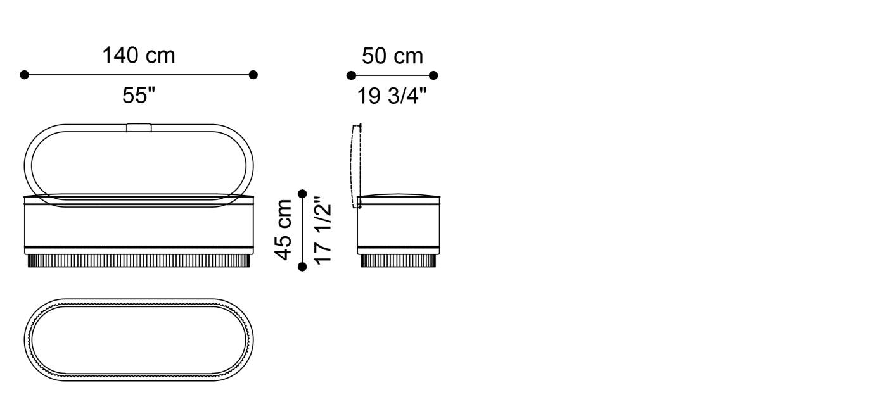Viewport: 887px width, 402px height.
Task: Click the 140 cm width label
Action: coord(138,56)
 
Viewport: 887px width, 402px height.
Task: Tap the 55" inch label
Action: coord(138,96)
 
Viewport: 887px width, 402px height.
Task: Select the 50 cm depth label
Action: coord(392,56)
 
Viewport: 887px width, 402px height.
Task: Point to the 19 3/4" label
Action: coord(392,96)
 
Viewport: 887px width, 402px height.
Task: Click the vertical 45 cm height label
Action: coord(284,229)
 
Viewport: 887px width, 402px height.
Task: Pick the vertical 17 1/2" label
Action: coord(322,229)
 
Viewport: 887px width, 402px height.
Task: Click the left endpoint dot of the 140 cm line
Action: coord(25,75)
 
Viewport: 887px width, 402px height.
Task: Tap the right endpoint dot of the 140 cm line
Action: coord(253,75)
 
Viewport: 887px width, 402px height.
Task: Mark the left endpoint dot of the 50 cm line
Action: coord(351,75)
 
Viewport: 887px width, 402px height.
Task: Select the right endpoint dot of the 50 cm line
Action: coord(433,75)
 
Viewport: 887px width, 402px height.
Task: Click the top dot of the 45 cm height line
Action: coord(302,194)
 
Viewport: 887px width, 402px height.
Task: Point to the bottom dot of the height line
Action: coord(302,267)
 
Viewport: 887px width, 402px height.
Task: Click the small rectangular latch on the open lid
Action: coord(139,128)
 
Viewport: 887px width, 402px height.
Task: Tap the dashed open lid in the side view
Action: coord(355,166)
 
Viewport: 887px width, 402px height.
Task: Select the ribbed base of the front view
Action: coord(139,261)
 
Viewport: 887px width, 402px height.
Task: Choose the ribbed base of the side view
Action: coord(399,260)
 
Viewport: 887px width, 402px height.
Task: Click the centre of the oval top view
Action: coord(139,340)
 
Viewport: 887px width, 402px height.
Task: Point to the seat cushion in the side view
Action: coord(399,197)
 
